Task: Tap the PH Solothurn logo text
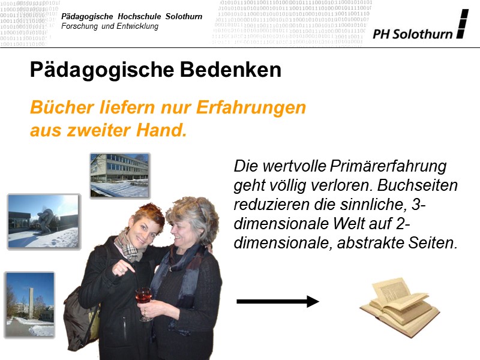coord(412,34)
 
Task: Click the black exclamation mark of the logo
coord(461,25)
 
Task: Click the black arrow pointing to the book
coord(277,301)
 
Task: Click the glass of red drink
coord(145,298)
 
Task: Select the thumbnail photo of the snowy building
coord(120,175)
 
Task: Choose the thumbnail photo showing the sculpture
coord(43,221)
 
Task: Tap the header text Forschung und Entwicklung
coord(111,26)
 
